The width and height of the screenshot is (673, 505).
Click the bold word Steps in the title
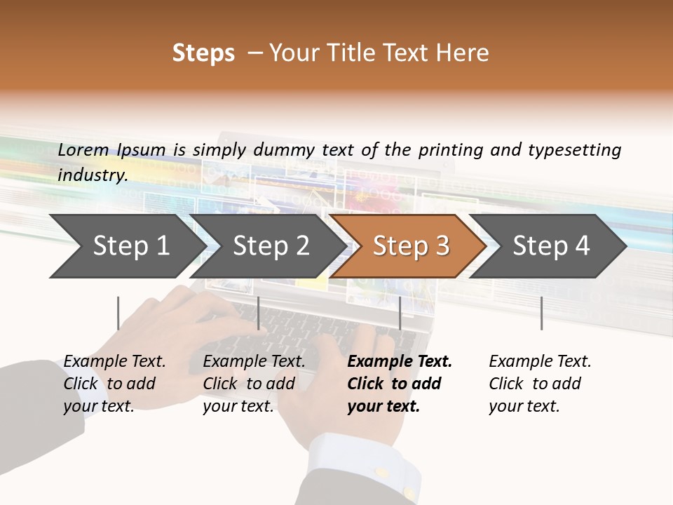[x=203, y=53]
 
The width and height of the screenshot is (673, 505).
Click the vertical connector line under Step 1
[x=118, y=313]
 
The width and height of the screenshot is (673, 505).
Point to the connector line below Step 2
[x=259, y=313]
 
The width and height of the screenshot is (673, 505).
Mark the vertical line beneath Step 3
[x=400, y=313]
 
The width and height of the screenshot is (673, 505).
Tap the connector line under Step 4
[x=541, y=313]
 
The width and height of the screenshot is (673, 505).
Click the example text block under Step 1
[x=114, y=384]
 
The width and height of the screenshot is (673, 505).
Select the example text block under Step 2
[x=254, y=384]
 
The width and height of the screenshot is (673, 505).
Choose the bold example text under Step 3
[x=399, y=384]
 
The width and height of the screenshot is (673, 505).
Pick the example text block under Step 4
[x=540, y=384]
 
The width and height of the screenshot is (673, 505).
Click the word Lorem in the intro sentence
[x=83, y=149]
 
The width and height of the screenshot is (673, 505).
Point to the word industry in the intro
[x=92, y=175]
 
